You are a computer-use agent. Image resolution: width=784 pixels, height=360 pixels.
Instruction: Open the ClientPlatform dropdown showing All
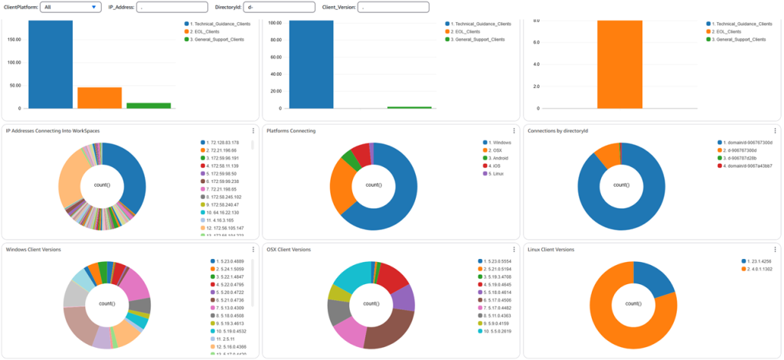coord(70,7)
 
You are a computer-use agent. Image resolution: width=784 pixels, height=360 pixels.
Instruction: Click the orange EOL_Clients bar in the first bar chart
coord(100,98)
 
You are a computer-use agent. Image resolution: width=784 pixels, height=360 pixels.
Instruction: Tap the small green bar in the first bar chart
coord(149,106)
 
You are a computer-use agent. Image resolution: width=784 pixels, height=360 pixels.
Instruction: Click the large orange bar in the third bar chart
coord(609,64)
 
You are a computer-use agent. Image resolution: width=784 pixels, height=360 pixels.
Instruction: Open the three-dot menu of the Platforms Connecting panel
coord(514,131)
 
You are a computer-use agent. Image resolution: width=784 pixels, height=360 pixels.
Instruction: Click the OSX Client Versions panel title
coord(289,250)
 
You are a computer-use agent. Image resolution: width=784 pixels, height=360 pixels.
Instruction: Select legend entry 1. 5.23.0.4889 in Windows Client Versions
coord(234,261)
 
